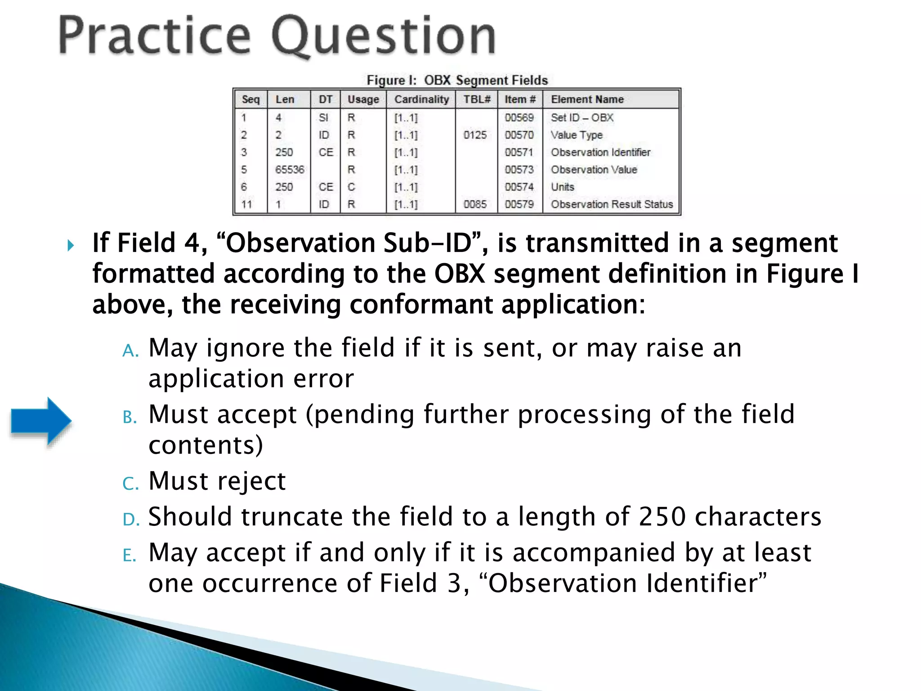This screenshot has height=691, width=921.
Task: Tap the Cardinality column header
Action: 421,99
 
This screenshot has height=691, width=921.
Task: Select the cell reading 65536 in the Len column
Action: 290,170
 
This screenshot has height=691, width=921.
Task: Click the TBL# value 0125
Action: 475,135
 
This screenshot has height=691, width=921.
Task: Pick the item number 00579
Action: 519,204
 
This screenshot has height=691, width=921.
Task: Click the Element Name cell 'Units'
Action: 563,187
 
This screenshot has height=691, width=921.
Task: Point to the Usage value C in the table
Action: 351,187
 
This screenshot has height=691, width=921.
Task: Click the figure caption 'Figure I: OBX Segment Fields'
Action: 457,80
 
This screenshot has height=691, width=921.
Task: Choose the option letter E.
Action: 129,556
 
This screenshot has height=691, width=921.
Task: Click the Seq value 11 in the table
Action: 246,204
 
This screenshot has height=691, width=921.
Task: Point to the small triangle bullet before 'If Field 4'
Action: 71,246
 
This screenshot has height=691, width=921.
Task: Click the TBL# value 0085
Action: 475,204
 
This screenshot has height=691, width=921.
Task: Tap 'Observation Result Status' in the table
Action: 612,204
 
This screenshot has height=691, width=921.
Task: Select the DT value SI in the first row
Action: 323,118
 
